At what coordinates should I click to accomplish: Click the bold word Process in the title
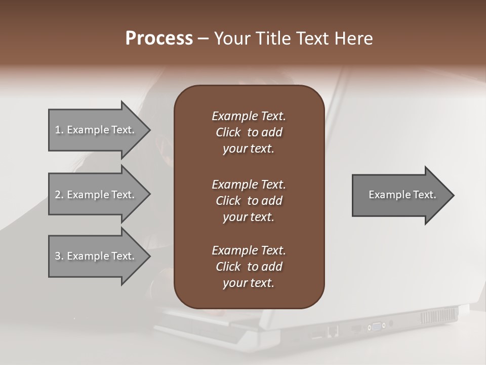159,39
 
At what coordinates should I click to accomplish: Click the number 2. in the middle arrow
59,195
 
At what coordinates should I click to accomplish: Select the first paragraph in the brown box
249,132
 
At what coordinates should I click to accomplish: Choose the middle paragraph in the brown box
249,201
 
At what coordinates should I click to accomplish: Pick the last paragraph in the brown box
249,267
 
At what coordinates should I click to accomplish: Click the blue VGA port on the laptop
378,326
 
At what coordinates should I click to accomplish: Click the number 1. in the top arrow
59,130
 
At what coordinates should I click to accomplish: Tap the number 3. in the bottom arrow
59,256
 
